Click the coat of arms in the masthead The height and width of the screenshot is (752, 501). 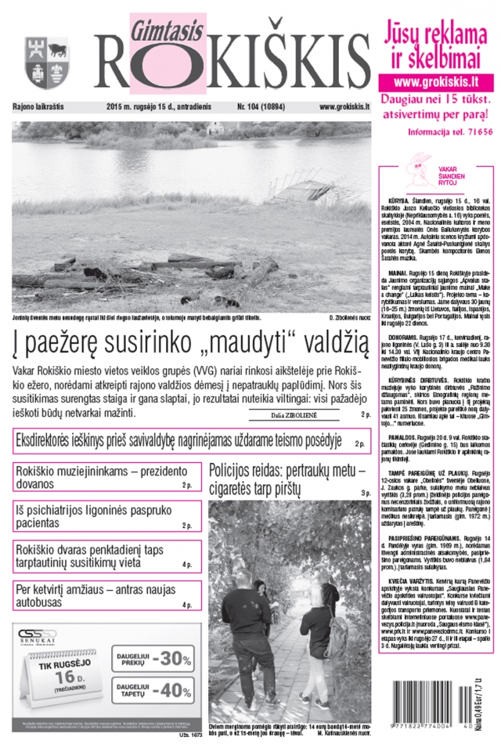coord(37,63)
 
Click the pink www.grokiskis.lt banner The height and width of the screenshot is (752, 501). coord(436,81)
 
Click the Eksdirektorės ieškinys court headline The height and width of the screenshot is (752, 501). coord(179,441)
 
